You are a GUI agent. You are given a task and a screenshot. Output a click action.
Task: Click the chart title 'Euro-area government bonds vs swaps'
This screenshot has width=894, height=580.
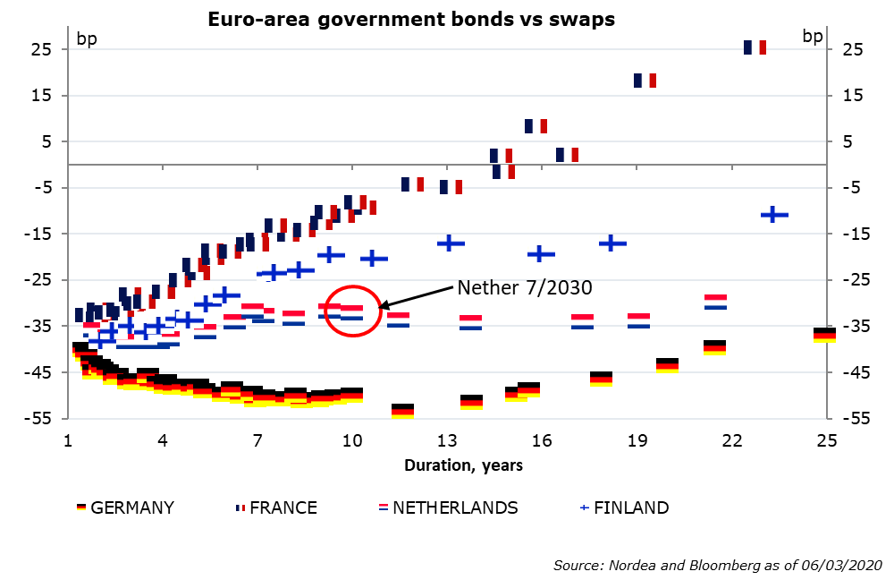[x=411, y=19]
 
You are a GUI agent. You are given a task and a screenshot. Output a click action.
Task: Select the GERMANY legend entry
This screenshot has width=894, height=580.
[x=125, y=507]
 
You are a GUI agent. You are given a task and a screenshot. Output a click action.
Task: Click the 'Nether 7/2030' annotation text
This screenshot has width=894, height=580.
[x=525, y=287]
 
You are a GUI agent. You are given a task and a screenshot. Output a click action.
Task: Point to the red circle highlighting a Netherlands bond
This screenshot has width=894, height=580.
[x=352, y=311]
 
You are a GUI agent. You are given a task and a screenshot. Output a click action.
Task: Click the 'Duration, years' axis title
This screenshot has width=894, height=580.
[x=463, y=465]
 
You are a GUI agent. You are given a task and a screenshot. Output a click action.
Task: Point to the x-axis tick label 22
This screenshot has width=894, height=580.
[x=732, y=441]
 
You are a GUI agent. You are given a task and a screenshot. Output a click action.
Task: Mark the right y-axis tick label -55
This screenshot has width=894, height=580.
[x=851, y=419]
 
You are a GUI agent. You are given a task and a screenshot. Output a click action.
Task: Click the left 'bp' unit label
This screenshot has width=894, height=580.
[x=88, y=38]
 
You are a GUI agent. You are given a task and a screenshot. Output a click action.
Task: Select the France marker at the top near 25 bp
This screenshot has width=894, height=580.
[x=755, y=47]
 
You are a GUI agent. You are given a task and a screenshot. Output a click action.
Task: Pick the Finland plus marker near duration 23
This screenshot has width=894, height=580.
[x=773, y=215]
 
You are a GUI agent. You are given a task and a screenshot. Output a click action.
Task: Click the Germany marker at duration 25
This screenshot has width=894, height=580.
[x=825, y=336]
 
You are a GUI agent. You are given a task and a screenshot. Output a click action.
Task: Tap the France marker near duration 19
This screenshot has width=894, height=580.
[x=645, y=81]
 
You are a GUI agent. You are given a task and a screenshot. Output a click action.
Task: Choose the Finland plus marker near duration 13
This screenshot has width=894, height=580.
[x=450, y=243]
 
